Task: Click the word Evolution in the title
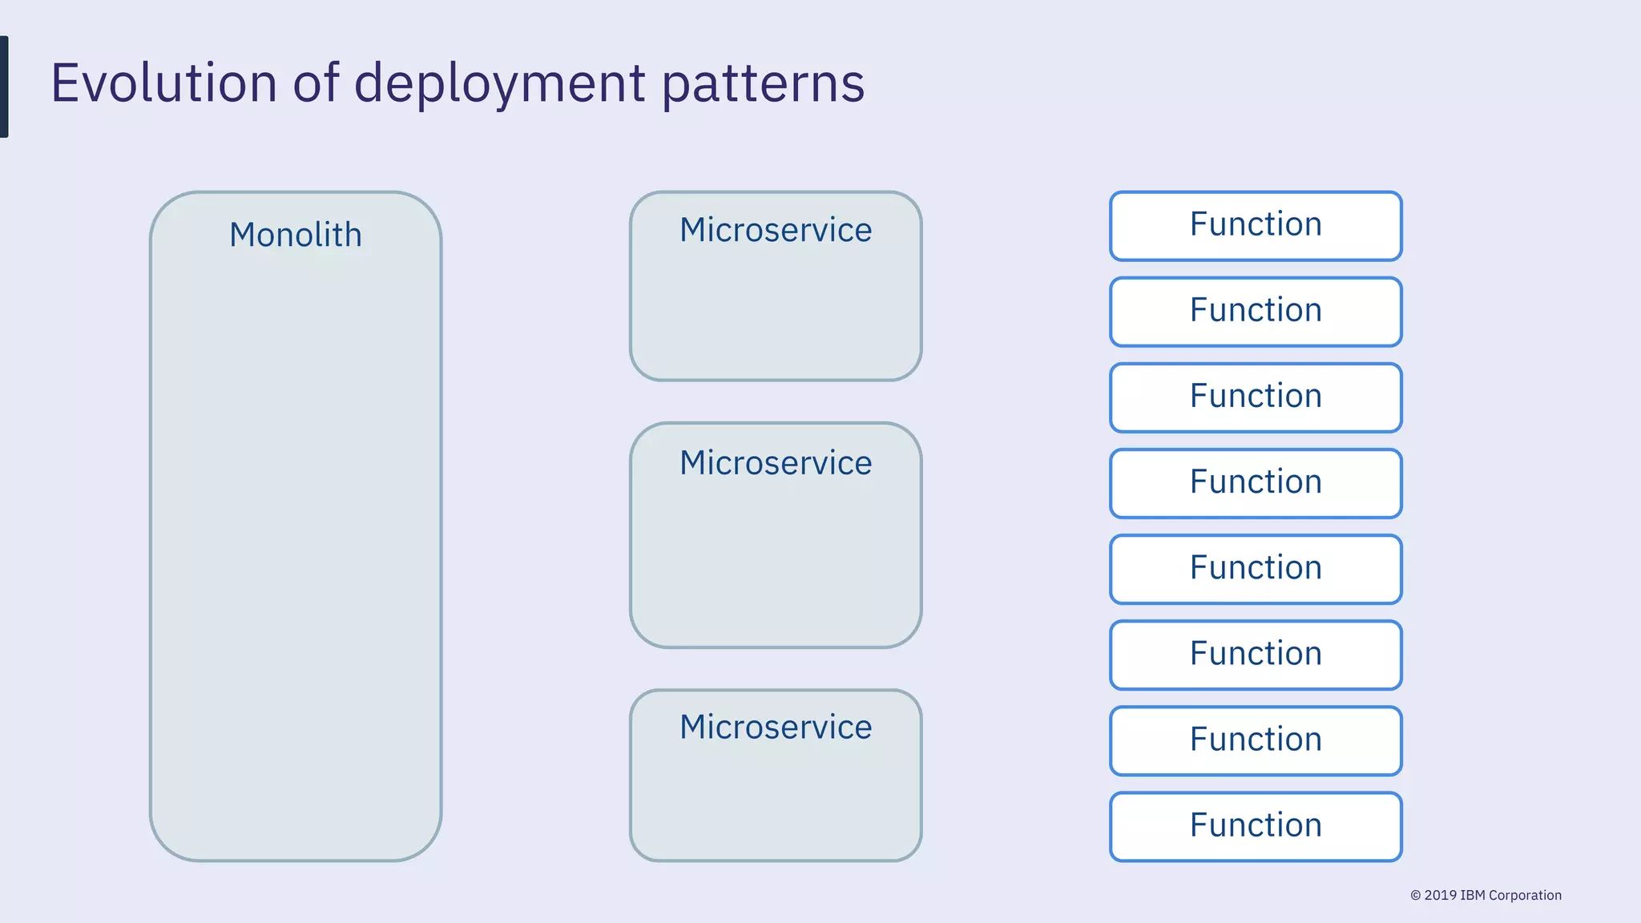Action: (x=163, y=83)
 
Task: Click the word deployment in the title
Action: (x=499, y=84)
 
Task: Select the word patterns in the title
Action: (x=763, y=84)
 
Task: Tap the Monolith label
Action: (x=296, y=235)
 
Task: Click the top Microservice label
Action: (x=776, y=230)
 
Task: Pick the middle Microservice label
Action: (x=776, y=463)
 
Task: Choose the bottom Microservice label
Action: (x=776, y=728)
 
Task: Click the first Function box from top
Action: (x=1256, y=225)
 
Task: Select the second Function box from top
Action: (x=1256, y=311)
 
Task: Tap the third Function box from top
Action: (x=1256, y=397)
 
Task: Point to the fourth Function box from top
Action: (x=1256, y=482)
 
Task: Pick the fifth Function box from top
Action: (x=1256, y=568)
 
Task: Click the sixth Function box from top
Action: (x=1256, y=654)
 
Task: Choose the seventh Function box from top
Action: (x=1256, y=740)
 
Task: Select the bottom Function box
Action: (x=1256, y=826)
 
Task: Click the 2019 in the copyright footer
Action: (x=1440, y=895)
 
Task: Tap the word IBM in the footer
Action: (x=1473, y=895)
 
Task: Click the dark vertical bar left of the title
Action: (x=4, y=87)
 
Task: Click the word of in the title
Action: (x=316, y=83)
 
